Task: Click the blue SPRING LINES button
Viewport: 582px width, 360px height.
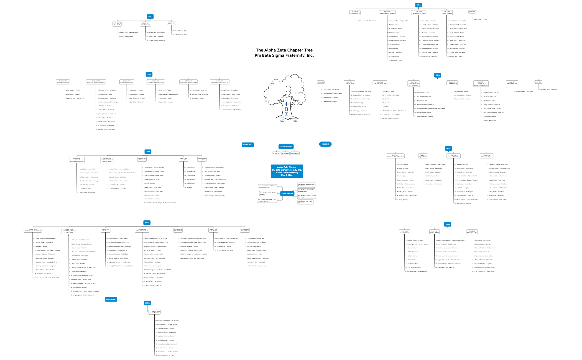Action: (x=248, y=145)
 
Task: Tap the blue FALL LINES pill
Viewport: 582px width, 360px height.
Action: (x=325, y=144)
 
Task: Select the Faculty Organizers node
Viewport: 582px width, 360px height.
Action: (x=286, y=146)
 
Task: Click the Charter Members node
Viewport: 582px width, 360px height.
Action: (x=287, y=193)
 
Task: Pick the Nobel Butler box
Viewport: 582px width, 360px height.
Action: (x=295, y=153)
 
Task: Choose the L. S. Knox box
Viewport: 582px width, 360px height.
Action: (x=276, y=153)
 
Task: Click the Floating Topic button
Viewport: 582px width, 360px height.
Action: (x=111, y=299)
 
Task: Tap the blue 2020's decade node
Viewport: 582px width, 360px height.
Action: (x=147, y=303)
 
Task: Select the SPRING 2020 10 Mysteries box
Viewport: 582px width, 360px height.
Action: (x=155, y=312)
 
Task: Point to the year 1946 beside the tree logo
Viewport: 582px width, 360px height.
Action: (x=295, y=121)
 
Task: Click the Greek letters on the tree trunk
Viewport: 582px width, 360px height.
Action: (x=287, y=109)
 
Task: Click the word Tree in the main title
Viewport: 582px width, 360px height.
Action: (x=308, y=50)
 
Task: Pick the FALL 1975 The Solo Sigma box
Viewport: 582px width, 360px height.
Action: (x=355, y=13)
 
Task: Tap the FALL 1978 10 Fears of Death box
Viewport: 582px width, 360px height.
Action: (x=446, y=13)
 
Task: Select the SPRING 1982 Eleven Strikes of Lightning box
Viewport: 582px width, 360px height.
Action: (x=96, y=82)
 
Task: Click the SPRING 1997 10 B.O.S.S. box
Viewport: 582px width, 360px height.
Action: (x=142, y=159)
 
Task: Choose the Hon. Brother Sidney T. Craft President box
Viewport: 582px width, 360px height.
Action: (x=306, y=185)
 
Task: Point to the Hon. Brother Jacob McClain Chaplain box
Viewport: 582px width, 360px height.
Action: (x=268, y=193)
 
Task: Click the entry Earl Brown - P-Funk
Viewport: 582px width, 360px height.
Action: (x=481, y=19)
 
